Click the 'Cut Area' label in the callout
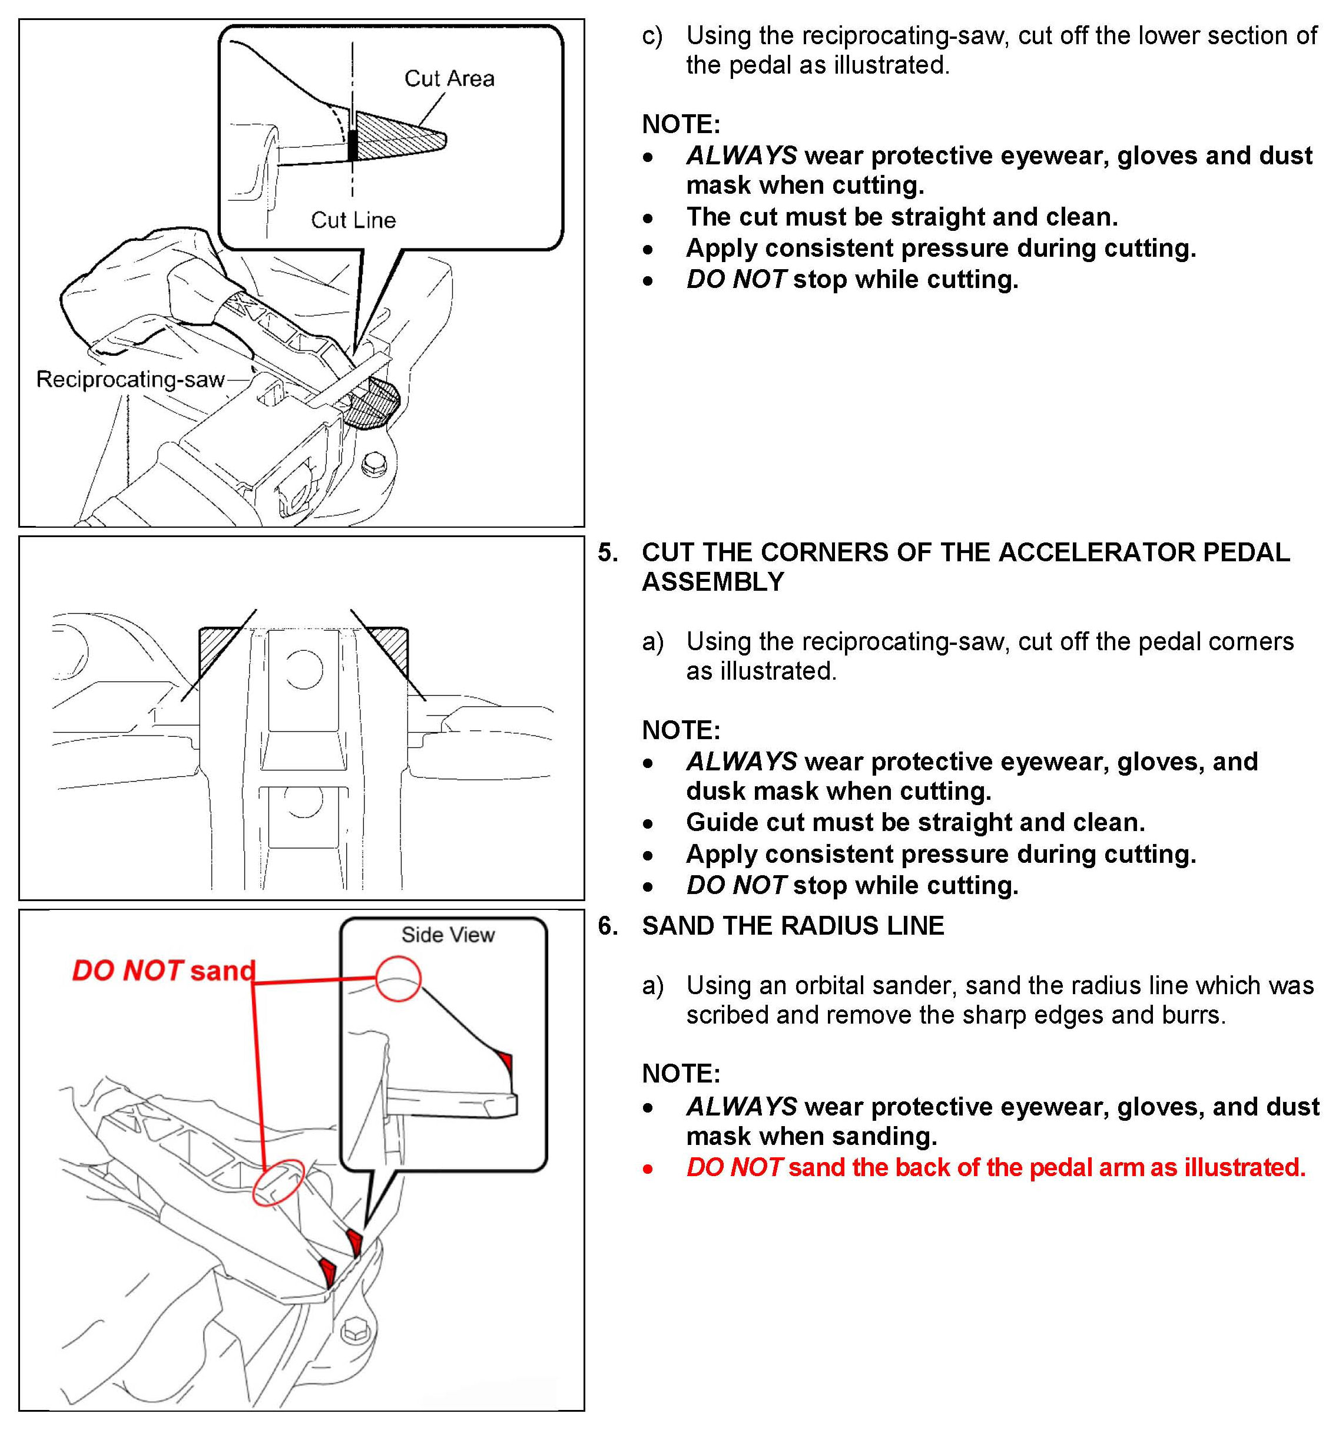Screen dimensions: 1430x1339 click(449, 78)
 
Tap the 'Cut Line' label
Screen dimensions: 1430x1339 click(353, 220)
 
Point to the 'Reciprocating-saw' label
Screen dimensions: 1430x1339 click(130, 379)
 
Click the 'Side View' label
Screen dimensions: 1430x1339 click(448, 935)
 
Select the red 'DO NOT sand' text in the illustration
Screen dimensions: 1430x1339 click(164, 971)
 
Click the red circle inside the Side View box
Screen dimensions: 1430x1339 click(399, 978)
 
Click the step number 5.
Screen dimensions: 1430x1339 click(608, 552)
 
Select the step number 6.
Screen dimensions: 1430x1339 click(608, 926)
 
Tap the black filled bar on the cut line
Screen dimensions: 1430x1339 click(352, 144)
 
